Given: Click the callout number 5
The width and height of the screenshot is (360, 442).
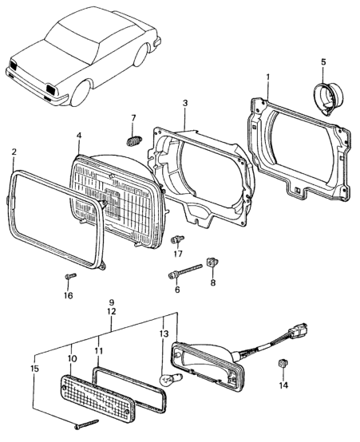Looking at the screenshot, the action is [x=323, y=62].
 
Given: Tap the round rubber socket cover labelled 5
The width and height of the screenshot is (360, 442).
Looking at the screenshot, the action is [x=329, y=97].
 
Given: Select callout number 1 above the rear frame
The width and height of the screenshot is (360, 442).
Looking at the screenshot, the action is [x=267, y=77].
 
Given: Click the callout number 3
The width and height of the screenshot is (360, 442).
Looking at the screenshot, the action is [x=185, y=103].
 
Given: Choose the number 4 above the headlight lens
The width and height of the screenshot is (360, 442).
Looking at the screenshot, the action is [x=79, y=136].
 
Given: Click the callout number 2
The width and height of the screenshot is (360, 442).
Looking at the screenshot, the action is [x=14, y=152].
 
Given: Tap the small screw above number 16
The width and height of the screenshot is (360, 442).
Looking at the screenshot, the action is [x=70, y=275].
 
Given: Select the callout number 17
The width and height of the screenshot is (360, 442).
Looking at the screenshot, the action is [x=178, y=254].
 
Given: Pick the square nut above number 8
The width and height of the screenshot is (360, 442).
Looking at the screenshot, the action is [x=212, y=262].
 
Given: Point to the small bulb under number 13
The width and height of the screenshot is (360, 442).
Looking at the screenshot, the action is [x=172, y=378].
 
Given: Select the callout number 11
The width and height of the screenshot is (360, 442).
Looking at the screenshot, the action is [x=98, y=351].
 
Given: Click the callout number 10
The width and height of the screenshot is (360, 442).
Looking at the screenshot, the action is [x=72, y=359].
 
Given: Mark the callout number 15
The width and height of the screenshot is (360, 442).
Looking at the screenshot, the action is [x=34, y=369].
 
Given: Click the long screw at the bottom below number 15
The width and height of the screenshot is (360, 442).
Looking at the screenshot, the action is [x=87, y=424].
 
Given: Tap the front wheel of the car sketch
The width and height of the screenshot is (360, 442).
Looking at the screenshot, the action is [x=81, y=93].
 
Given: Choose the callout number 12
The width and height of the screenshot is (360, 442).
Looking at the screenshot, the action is [x=112, y=311].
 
